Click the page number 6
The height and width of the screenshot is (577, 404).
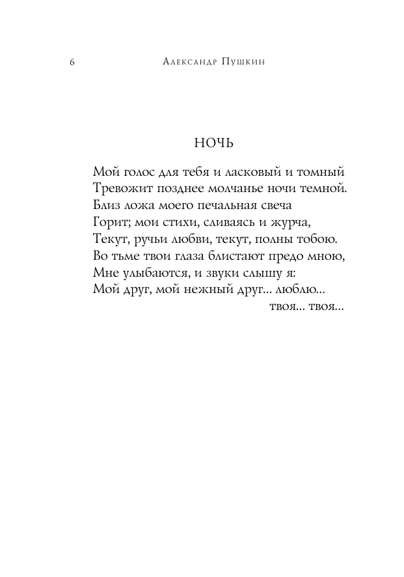click(72, 63)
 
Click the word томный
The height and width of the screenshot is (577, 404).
click(317, 173)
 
